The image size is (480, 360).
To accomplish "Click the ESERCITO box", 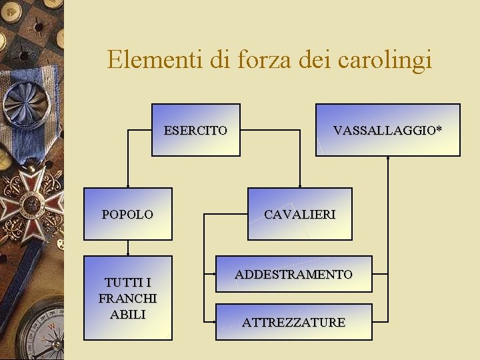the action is coord(195,130).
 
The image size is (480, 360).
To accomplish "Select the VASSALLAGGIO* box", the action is coord(387,130).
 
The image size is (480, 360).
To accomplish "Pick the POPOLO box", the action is coord(127,214).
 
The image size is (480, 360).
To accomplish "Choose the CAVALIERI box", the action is coord(299,214).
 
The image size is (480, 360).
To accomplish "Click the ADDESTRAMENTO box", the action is coord(293,274).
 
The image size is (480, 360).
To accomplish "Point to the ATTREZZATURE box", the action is coord(293,322).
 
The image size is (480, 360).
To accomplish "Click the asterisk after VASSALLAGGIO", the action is coord(438,129).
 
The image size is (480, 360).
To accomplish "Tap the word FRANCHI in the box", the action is coord(127,298).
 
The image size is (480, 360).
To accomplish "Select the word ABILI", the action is coord(127,314).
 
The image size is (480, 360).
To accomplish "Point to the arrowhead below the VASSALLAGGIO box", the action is coord(388,159).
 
